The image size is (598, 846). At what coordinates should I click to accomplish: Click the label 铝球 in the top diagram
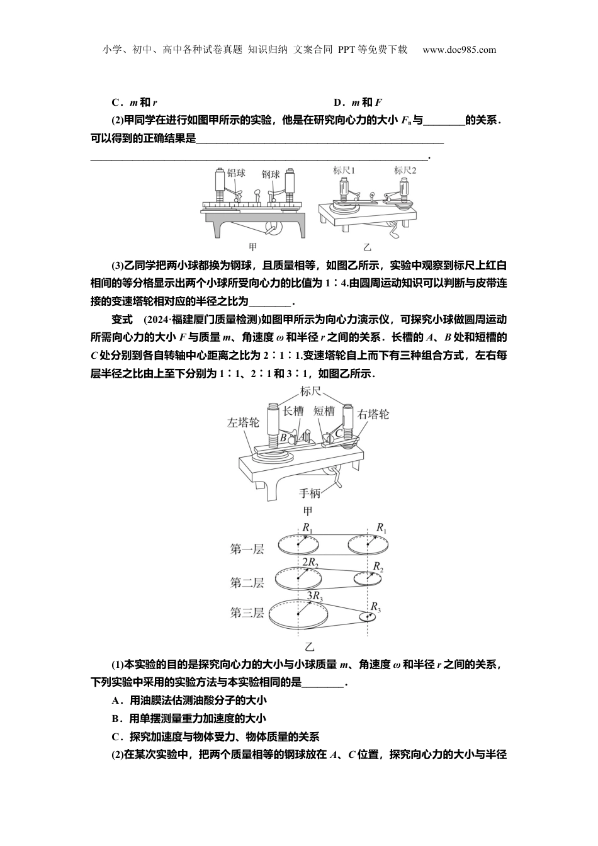[x=236, y=173]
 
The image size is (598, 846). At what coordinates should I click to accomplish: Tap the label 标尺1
[x=344, y=170]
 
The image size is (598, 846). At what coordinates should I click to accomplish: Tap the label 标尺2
[x=405, y=170]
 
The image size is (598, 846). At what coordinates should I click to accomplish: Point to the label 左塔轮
[x=242, y=423]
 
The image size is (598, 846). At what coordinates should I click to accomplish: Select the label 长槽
[x=293, y=411]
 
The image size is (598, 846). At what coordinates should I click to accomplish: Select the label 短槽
[x=324, y=411]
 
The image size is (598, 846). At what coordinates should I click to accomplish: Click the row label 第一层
[x=247, y=550]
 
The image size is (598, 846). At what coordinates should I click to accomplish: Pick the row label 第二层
[x=247, y=582]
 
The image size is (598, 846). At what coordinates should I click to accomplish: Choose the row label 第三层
[x=247, y=612]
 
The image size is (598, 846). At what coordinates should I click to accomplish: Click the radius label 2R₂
[x=310, y=561]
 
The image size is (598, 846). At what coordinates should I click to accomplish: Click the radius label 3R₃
[x=314, y=595]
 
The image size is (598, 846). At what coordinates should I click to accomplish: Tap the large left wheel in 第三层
[x=298, y=614]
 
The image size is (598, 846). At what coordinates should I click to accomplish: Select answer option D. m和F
[x=358, y=103]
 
